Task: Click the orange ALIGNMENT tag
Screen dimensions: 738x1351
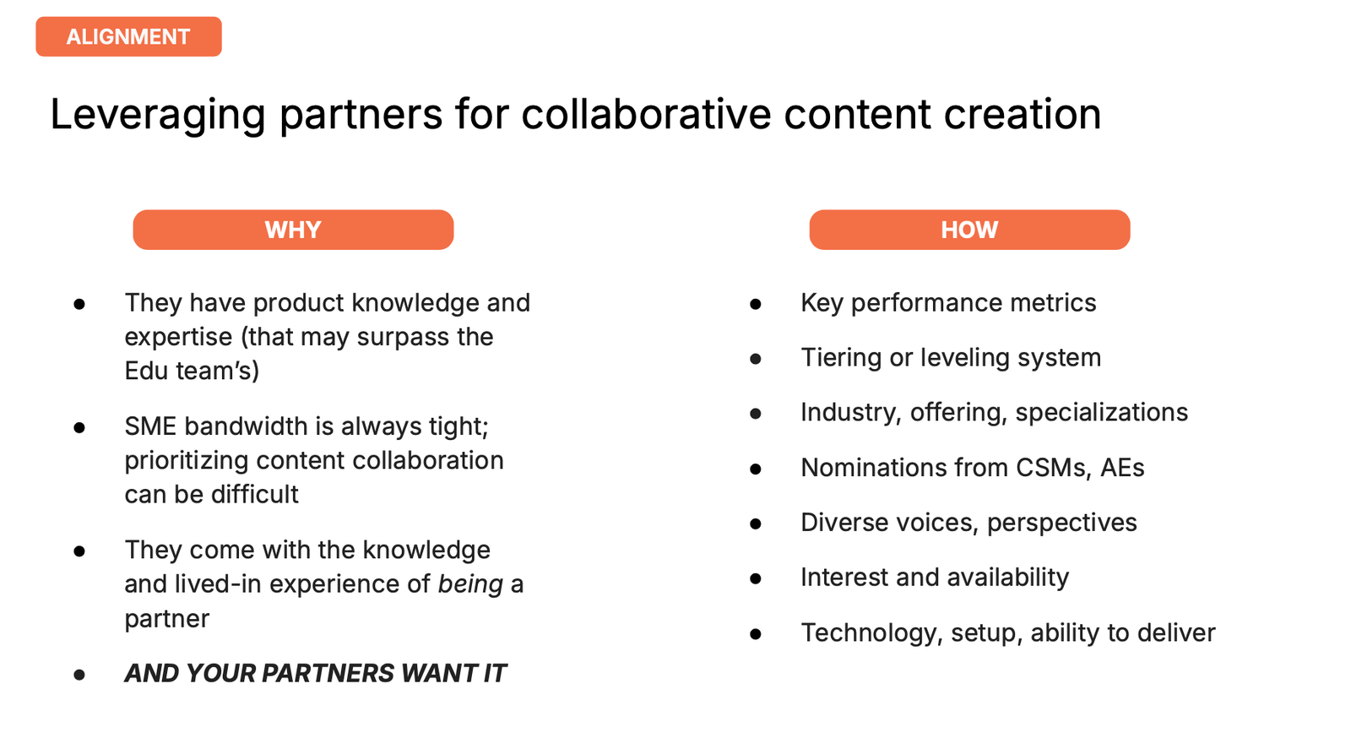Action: coord(128,37)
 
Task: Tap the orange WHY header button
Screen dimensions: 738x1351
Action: coord(293,230)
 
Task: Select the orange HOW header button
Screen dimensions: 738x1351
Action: coord(969,230)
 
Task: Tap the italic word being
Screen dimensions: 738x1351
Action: coord(470,583)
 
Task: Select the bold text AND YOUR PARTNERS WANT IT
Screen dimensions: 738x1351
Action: coord(315,673)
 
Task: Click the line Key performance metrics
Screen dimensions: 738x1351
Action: coord(948,302)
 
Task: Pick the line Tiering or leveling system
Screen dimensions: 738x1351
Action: coord(951,357)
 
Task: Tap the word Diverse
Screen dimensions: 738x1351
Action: coord(844,523)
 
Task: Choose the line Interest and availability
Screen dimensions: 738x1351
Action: coord(935,578)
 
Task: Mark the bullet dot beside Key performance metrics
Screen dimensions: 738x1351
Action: coord(756,304)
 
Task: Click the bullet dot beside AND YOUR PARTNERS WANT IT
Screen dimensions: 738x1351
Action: coord(79,675)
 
